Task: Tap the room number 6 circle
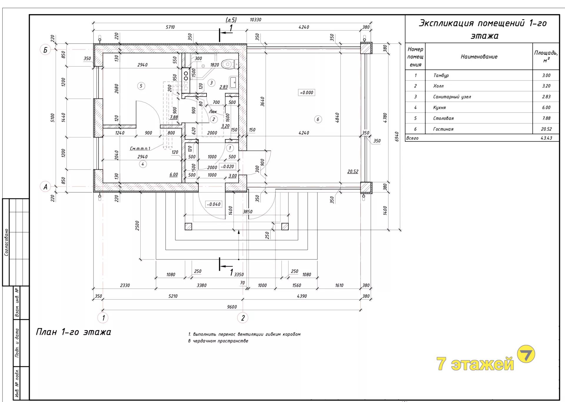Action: pos(318,119)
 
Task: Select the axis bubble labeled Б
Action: pos(45,50)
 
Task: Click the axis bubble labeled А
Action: pos(45,187)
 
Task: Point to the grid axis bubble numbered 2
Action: pos(243,318)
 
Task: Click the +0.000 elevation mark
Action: pos(306,92)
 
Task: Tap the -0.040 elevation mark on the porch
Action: pos(214,204)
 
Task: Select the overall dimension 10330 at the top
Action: pos(255,20)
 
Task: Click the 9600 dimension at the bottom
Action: pos(232,307)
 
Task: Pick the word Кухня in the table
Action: pos(439,107)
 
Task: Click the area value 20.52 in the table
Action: pos(546,129)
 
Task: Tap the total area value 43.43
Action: pos(546,138)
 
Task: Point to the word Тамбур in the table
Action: pos(441,75)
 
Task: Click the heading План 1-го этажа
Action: pos(74,332)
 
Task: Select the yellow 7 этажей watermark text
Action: pos(475,363)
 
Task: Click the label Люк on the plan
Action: pos(213,112)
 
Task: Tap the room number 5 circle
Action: pos(141,86)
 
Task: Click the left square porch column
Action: pos(188,226)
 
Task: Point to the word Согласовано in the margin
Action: pos(6,242)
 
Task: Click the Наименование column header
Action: pos(479,57)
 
